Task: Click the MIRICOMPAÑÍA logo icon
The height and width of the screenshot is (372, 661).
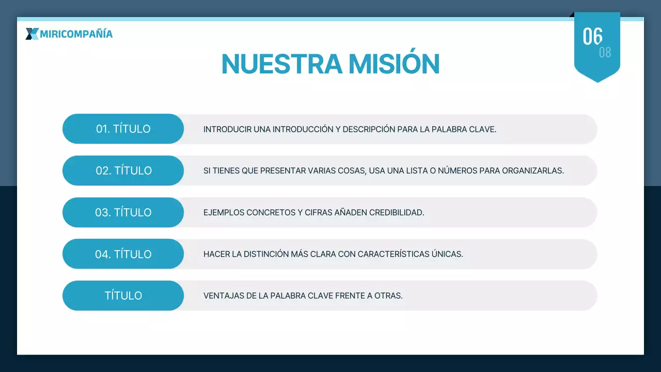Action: tap(32, 34)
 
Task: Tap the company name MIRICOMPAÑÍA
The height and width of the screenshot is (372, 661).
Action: tap(76, 34)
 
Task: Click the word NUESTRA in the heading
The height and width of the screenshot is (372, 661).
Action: tap(281, 64)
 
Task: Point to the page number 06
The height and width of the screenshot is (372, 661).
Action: tap(592, 36)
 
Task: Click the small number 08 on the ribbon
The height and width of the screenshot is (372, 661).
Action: tap(605, 53)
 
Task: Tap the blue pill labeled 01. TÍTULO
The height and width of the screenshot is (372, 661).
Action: tap(123, 129)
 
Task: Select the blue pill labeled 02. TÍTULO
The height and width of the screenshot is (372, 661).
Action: tap(123, 171)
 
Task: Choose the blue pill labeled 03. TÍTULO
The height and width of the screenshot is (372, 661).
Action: tap(123, 212)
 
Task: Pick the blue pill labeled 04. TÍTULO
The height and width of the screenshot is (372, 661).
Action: tap(123, 254)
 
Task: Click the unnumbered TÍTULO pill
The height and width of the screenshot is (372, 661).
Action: tap(123, 296)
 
